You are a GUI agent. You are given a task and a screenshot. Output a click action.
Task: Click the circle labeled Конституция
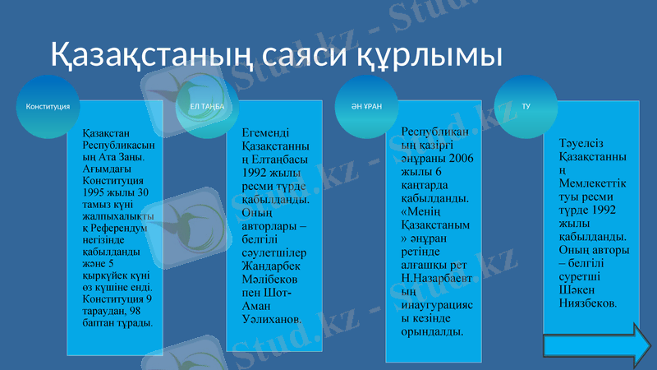tap(48, 107)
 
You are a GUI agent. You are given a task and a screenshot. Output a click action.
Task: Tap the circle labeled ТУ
tap(526, 107)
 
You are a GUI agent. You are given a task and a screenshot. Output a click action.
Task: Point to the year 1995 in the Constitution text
tap(99, 192)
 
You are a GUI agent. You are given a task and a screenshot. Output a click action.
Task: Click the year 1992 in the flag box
tap(614, 210)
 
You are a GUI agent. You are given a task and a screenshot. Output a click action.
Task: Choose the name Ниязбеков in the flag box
tap(588, 303)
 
